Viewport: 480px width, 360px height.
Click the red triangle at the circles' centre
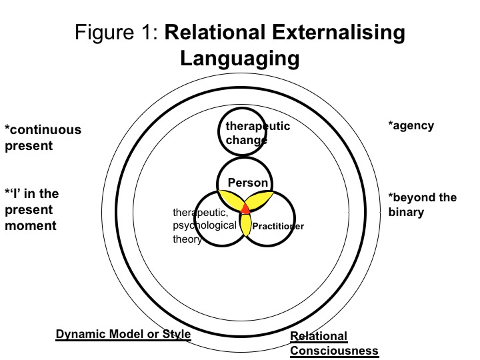[245, 208]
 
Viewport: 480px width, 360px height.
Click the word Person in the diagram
[248, 183]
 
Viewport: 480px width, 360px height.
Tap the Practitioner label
[278, 227]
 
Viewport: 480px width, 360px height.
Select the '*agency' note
[411, 125]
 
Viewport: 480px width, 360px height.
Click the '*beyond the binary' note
[423, 204]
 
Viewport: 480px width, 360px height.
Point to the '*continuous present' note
[43, 137]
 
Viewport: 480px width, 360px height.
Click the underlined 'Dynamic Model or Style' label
[123, 334]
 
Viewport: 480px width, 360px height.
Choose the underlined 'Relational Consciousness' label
[334, 343]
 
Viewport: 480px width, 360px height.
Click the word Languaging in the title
[239, 58]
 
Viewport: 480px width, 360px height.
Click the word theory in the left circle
[187, 239]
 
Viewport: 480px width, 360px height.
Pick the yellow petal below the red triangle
[245, 225]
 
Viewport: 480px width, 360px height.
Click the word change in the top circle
[246, 140]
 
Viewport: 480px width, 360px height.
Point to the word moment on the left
[31, 225]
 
